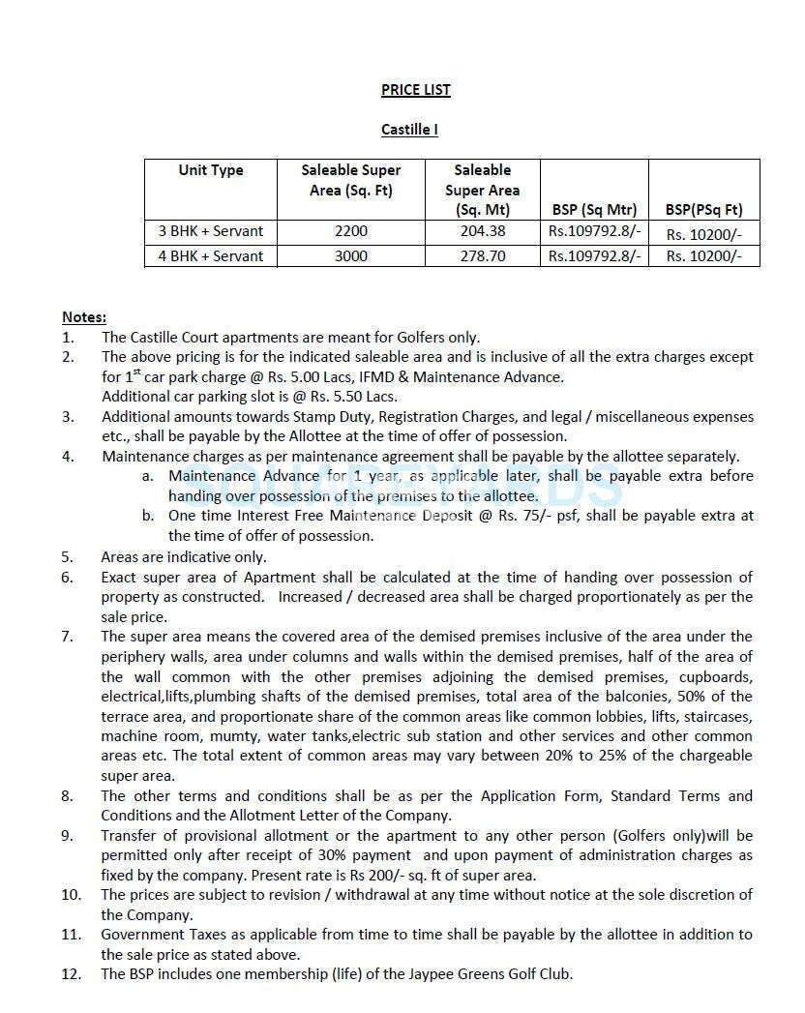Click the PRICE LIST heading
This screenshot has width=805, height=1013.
415,90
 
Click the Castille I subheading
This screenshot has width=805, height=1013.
409,130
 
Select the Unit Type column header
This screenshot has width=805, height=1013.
211,170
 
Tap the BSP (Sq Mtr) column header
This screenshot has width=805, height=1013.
594,209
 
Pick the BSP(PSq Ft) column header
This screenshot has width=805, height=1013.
703,209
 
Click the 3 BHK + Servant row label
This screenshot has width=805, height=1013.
211,231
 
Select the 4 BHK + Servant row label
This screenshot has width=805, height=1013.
211,256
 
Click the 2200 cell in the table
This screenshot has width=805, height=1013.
350,231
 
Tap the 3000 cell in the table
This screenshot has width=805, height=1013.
350,256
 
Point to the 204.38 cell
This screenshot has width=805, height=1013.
482,231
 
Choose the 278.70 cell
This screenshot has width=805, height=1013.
482,256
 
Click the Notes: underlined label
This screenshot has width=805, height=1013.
84,317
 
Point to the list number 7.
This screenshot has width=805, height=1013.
67,637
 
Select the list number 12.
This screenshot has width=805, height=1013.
71,974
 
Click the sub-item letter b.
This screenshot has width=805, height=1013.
147,516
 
